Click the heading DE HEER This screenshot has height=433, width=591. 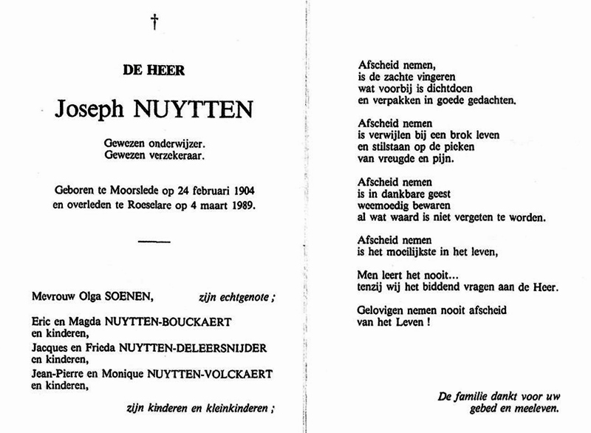(x=154, y=71)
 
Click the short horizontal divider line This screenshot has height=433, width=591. (x=154, y=239)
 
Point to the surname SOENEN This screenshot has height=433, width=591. (x=131, y=298)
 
